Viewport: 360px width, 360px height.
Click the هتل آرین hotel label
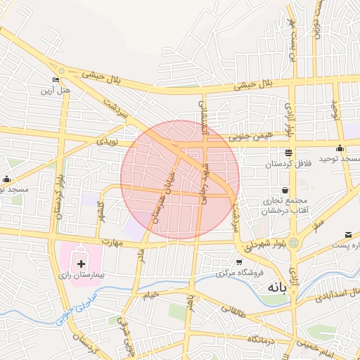(56, 91)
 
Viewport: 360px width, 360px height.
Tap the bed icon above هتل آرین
(56, 79)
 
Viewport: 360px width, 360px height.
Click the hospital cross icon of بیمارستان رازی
(82, 264)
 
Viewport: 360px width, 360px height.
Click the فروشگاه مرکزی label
(246, 272)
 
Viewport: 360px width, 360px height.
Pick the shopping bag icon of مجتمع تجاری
(284, 189)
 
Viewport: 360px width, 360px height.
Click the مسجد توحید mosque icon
(340, 148)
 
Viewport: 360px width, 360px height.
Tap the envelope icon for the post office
(348, 234)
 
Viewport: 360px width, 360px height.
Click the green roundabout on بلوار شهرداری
(293, 243)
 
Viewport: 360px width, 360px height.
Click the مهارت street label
(111, 243)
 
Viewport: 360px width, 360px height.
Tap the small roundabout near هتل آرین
(62, 70)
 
